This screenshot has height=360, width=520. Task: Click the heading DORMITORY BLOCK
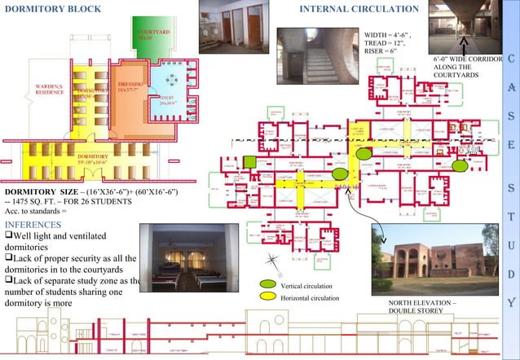54,10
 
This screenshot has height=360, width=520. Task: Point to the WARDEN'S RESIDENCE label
49,89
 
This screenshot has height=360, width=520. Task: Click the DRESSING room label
130,86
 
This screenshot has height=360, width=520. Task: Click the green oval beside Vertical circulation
267,283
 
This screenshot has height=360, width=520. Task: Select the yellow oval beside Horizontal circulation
267,298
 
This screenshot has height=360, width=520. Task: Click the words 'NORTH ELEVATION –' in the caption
421,303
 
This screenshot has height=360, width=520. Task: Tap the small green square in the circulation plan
251,162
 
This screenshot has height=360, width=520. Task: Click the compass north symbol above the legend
274,261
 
